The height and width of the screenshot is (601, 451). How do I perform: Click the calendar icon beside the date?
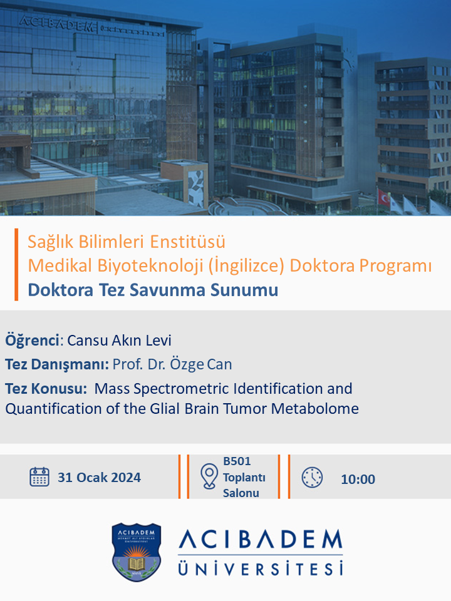39,477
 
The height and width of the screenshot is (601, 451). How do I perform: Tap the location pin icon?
209,476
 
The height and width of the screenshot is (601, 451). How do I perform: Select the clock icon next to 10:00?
312,477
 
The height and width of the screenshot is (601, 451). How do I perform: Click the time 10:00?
358,479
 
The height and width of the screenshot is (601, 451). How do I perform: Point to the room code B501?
237,461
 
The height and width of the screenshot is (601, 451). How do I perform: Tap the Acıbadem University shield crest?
136,552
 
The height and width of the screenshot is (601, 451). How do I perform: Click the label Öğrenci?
33,341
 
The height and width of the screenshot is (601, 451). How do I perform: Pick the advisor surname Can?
219,364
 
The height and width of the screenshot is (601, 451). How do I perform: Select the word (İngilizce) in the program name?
246,265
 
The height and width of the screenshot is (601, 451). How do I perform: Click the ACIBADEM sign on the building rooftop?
56,24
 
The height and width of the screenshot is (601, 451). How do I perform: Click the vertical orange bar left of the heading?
16,264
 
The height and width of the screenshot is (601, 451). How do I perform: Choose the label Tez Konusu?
46,389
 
